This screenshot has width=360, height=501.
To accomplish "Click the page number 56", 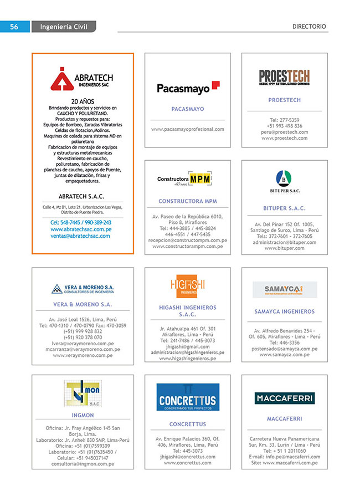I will pyautogui.click(x=14, y=26).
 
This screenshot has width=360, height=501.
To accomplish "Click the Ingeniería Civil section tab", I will pyautogui.click(x=64, y=26).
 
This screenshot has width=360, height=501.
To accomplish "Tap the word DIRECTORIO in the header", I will pyautogui.click(x=309, y=26).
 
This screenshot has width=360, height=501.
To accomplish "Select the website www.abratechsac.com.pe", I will pyautogui.click(x=81, y=229).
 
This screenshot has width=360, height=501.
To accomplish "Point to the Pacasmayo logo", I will pyautogui.click(x=188, y=87).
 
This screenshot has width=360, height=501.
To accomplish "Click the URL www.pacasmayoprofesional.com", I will pyautogui.click(x=187, y=129).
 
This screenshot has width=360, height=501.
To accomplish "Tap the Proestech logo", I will pyautogui.click(x=284, y=77).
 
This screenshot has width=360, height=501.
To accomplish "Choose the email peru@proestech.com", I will pyautogui.click(x=284, y=132).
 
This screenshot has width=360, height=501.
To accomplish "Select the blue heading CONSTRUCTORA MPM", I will pyautogui.click(x=187, y=201).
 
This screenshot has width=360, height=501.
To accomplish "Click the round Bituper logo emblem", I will pyautogui.click(x=284, y=178).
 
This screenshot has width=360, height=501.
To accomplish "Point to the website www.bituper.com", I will pyautogui.click(x=284, y=248).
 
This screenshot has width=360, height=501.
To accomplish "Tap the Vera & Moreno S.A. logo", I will pyautogui.click(x=83, y=289).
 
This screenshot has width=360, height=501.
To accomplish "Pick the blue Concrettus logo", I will pyautogui.click(x=187, y=397).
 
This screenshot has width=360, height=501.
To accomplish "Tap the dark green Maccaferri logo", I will pyautogui.click(x=284, y=398).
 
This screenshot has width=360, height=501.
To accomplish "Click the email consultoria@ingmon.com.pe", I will pyautogui.click(x=83, y=463).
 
